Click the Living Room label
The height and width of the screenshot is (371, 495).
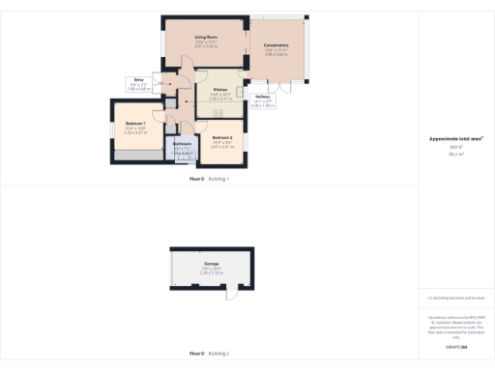pyautogui.click(x=206, y=37)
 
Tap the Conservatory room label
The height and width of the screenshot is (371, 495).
pyautogui.click(x=277, y=45)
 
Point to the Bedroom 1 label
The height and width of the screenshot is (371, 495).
pyautogui.click(x=135, y=124)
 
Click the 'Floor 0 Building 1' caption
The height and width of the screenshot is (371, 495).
pyautogui.click(x=210, y=180)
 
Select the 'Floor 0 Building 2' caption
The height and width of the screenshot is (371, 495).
pyautogui.click(x=210, y=355)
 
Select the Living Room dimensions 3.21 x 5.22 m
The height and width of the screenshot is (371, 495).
pyautogui.click(x=206, y=45)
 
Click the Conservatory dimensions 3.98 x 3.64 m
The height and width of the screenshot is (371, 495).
pyautogui.click(x=277, y=54)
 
